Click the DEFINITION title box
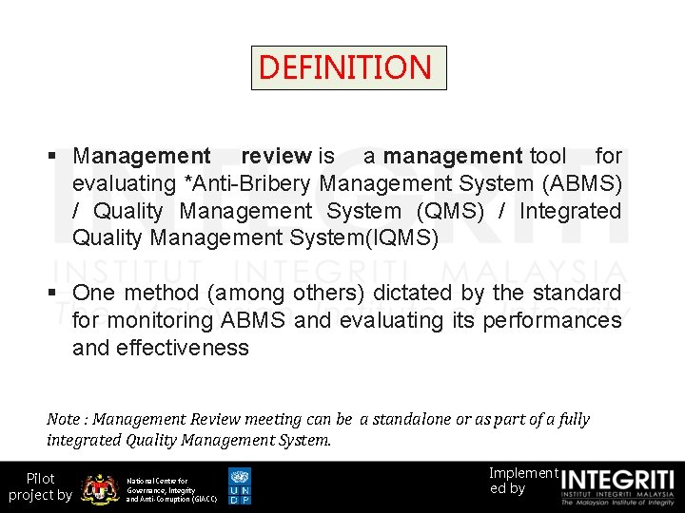[x=347, y=67]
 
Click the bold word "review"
[x=276, y=156]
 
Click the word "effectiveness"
[x=184, y=348]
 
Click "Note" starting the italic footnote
[x=64, y=419]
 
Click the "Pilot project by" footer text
[x=40, y=486]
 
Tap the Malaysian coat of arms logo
[x=100, y=488]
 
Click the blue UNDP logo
[x=240, y=486]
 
